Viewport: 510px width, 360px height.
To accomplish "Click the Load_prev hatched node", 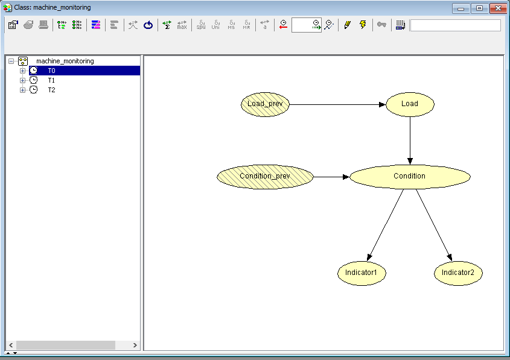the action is point(265,104).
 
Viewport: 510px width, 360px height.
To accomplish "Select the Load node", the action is point(410,104).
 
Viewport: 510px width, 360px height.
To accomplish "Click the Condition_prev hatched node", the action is point(265,177).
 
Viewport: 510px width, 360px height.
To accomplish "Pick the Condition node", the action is point(410,177).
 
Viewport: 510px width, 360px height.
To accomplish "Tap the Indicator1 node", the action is point(362,273).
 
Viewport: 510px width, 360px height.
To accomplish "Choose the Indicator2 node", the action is point(458,273).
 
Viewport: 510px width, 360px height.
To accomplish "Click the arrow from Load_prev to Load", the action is point(337,104).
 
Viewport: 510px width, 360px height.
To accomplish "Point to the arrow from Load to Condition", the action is point(410,141).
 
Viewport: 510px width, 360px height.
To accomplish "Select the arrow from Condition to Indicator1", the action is point(386,225).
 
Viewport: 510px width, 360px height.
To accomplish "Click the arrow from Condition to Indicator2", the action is point(434,225).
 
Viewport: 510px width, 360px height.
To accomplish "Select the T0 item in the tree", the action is point(51,71).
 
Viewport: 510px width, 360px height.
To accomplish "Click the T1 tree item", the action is point(51,80).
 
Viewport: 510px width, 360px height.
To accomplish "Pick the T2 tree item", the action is point(51,90).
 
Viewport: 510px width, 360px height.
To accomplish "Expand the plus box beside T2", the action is point(22,90).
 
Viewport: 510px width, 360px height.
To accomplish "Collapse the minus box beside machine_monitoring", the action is point(11,61).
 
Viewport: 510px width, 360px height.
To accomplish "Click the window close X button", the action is point(498,8).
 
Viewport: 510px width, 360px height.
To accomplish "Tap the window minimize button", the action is point(461,8).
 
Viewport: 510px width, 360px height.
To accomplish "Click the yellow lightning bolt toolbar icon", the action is point(363,25).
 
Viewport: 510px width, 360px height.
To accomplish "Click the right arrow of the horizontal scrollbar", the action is point(135,345).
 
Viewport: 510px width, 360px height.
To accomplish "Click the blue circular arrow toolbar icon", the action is point(148,25).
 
